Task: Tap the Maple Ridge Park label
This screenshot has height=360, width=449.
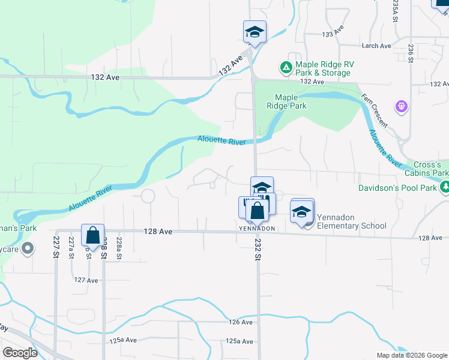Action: click(291, 101)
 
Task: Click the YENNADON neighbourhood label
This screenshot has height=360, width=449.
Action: click(257, 229)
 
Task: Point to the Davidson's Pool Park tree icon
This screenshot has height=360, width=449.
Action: click(445, 188)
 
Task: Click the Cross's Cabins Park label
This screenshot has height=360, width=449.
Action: click(431, 169)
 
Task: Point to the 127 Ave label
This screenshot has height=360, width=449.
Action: click(86, 280)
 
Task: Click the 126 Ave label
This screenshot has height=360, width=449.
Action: click(241, 322)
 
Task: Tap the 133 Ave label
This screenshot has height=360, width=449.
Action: click(333, 35)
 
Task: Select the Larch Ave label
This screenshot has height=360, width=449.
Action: click(376, 46)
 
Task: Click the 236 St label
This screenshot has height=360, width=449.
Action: click(411, 52)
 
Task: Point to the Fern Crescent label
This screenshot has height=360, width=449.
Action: click(374, 109)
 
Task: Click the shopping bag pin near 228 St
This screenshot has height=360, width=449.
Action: click(93, 235)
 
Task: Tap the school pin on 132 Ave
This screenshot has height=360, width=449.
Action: click(255, 32)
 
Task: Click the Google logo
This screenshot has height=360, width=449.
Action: click(20, 353)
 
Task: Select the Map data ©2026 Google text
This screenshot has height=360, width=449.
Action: click(411, 355)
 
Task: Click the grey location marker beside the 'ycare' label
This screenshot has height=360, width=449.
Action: click(28, 248)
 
